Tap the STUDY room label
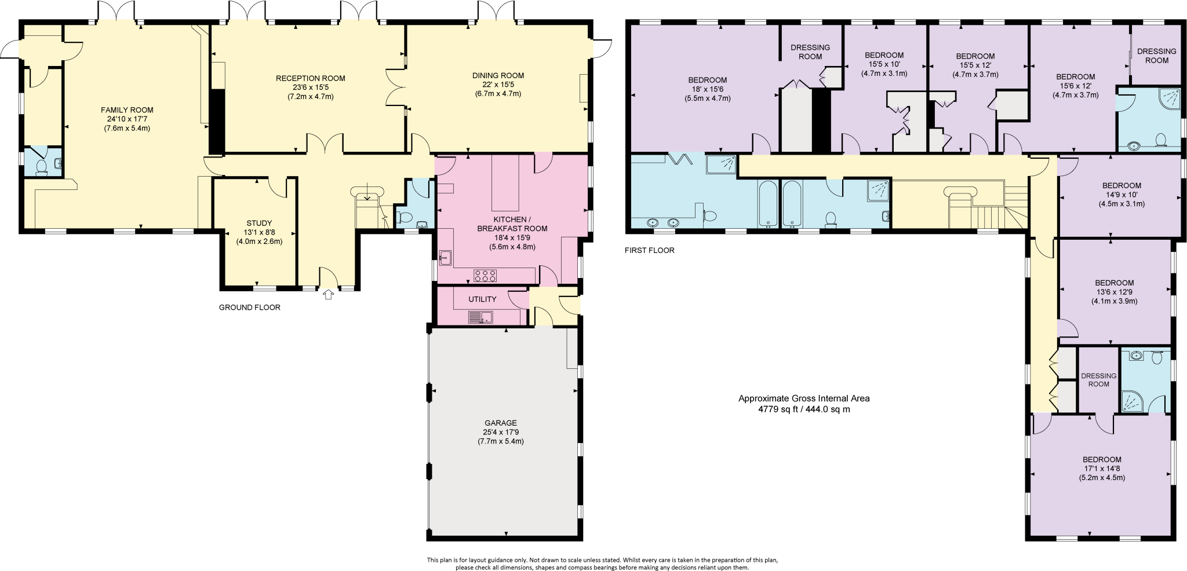point(259,224)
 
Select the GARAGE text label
point(500,423)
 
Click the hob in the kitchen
point(485,276)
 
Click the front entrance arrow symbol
point(329,295)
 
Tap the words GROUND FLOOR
point(249,308)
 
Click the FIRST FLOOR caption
point(649,251)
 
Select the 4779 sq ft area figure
point(803,409)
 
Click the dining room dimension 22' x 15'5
point(498,85)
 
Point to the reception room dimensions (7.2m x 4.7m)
point(310,97)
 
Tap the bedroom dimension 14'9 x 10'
point(1122,195)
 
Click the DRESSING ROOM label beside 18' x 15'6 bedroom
point(810,52)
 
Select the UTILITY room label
point(482,299)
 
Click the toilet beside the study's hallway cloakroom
point(406,218)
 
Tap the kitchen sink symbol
point(445,258)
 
